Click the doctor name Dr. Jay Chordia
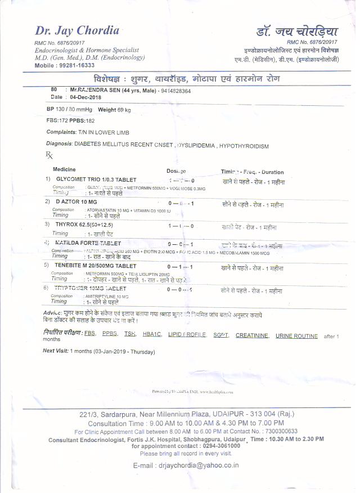click(x=78, y=30)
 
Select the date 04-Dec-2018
click(x=85, y=97)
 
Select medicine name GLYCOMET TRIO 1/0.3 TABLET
click(x=96, y=178)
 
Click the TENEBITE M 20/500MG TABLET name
click(x=96, y=265)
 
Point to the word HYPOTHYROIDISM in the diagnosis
click(x=244, y=146)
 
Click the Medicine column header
click(x=64, y=169)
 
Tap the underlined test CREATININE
click(x=251, y=335)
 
